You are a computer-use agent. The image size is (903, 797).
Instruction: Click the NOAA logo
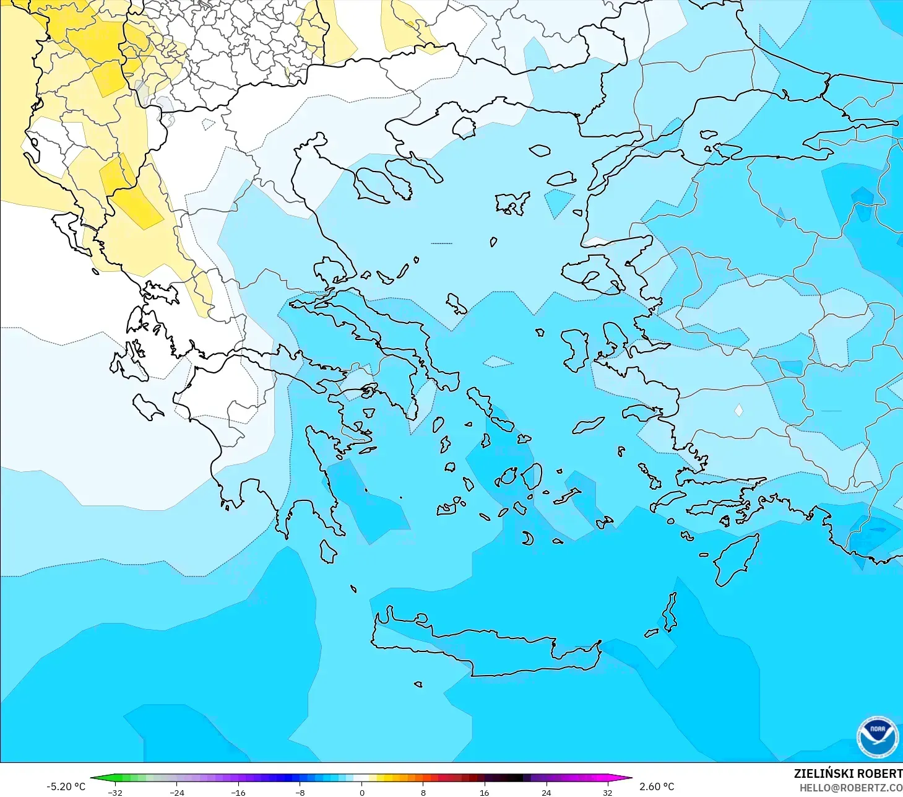(x=877, y=736)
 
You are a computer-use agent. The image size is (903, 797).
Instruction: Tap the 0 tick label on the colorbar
(x=362, y=792)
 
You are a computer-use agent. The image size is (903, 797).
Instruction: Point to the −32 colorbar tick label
(x=115, y=792)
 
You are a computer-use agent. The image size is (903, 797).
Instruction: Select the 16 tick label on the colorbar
(x=484, y=792)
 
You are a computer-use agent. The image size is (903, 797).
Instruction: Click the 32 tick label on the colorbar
(x=607, y=792)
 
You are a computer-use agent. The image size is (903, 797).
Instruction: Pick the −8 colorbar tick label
(x=300, y=792)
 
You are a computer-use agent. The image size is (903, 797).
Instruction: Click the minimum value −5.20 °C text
(x=66, y=786)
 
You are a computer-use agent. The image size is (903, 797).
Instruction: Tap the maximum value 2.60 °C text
(x=657, y=786)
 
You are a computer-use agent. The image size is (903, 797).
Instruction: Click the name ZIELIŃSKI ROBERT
(x=848, y=773)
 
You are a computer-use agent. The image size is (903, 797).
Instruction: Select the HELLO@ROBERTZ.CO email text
(x=850, y=788)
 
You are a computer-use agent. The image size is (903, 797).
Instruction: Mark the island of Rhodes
(x=737, y=559)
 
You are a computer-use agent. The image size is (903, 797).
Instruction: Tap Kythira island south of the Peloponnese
(x=328, y=552)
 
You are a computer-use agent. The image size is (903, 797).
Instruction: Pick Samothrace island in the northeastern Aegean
(x=540, y=150)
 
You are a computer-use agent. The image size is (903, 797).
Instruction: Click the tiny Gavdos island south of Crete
(x=418, y=684)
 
